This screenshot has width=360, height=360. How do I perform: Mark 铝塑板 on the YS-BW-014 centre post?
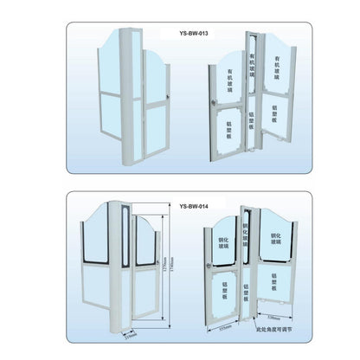click(x=248, y=299)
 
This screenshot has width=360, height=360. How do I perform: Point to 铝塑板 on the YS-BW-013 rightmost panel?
click(x=275, y=115)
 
